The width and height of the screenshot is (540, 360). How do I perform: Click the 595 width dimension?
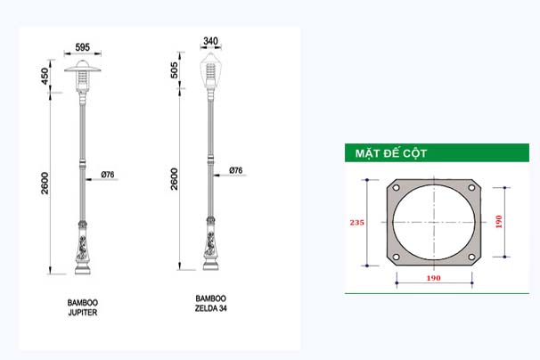point(83,47)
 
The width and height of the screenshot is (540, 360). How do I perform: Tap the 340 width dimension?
point(211,41)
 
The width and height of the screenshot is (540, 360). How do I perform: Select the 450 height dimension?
point(45,76)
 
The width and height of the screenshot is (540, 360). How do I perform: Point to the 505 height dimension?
point(175,70)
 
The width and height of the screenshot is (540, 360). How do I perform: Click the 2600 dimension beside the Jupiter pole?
point(45,184)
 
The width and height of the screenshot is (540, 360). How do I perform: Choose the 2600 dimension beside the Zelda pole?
point(175,179)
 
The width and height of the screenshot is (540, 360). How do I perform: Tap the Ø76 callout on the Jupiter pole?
point(108,175)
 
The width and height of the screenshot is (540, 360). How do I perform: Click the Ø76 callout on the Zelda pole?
point(236,170)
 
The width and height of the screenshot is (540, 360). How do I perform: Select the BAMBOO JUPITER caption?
point(83,307)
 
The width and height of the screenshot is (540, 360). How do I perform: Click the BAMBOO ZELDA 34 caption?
point(211,304)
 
